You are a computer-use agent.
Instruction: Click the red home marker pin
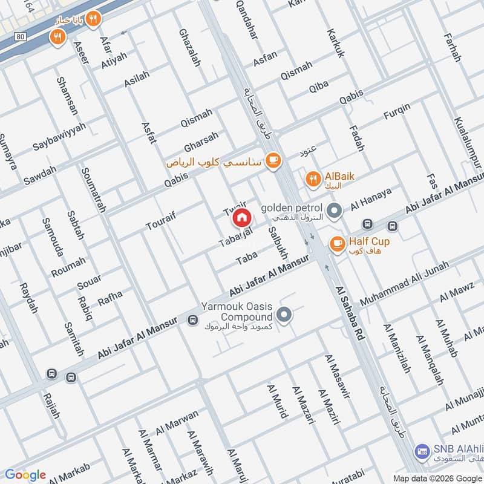tap(241, 217)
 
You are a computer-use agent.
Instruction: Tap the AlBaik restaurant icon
tap(312, 178)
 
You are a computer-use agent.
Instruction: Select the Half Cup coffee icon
tap(336, 244)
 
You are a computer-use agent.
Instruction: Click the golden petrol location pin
tap(333, 211)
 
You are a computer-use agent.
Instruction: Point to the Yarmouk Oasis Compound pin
tap(284, 315)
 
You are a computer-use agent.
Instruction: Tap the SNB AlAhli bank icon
tap(422, 451)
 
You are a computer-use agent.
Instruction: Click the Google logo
tap(25, 475)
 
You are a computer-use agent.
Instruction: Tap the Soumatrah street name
tap(93, 188)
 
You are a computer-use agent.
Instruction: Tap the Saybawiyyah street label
tap(59, 136)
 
